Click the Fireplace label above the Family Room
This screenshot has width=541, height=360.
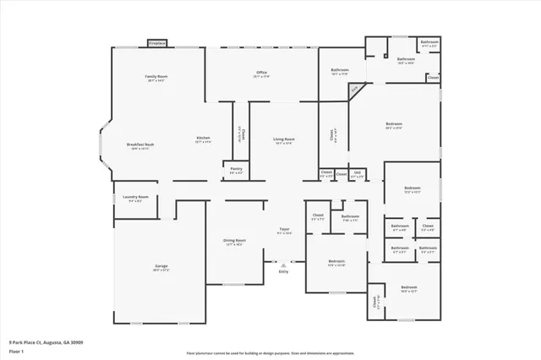click(157, 42)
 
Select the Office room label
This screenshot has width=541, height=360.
click(262, 74)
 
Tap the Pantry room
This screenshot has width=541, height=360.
click(236, 170)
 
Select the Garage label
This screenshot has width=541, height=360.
click(161, 267)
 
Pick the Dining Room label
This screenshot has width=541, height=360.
click(234, 242)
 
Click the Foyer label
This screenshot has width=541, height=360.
click(285, 230)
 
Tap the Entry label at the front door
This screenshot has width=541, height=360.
click(283, 271)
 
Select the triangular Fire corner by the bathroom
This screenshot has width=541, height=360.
click(355, 88)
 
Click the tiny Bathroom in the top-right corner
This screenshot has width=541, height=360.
click(429, 43)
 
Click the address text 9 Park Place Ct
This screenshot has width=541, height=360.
click(46, 343)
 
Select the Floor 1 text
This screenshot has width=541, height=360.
click(17, 351)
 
